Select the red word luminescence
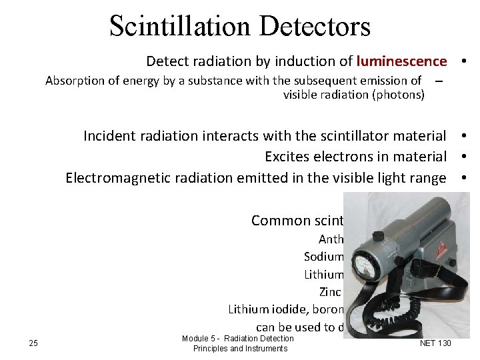(401, 62)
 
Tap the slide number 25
(33, 343)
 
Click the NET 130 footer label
(435, 343)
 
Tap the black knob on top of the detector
(378, 235)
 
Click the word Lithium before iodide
(249, 309)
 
